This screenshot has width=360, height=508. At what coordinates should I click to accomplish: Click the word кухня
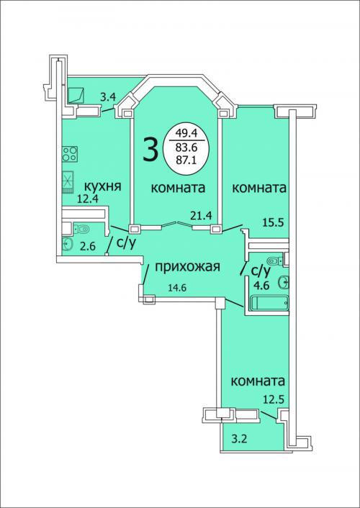(103, 187)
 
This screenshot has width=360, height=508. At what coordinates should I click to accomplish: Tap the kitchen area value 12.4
(88, 199)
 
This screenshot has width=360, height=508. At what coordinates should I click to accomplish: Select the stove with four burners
(70, 154)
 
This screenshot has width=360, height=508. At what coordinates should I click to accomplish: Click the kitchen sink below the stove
(68, 182)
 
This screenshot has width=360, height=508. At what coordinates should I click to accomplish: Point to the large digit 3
(150, 150)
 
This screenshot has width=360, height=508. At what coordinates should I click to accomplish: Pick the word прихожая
(188, 267)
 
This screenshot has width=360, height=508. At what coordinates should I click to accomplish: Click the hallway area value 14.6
(177, 287)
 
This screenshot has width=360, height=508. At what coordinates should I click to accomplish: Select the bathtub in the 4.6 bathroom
(270, 303)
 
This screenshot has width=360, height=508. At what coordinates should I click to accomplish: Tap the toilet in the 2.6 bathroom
(82, 230)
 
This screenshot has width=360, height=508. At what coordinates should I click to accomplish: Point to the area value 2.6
(88, 247)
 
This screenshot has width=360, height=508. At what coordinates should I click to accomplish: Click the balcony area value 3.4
(108, 97)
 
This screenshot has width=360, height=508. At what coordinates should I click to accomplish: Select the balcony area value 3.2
(240, 440)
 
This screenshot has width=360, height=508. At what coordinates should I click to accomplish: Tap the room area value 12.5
(274, 399)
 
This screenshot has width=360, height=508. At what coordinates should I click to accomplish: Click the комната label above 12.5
(258, 381)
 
